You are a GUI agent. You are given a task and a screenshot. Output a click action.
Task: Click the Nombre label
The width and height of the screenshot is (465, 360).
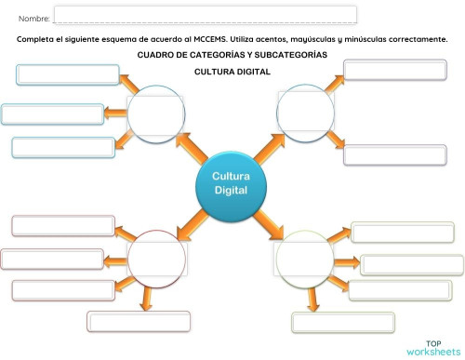(33, 18)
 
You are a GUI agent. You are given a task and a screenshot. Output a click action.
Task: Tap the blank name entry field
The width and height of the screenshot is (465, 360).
(205, 15)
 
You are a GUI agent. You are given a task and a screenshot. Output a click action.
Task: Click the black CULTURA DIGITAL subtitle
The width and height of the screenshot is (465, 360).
(232, 72)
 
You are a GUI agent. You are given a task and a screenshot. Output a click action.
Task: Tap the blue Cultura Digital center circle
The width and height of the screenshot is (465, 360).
(231, 183)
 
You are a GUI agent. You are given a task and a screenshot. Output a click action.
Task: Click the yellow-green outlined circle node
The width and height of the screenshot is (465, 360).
(304, 258)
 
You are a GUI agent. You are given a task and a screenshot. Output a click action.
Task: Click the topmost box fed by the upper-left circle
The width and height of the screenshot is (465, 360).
(68, 74)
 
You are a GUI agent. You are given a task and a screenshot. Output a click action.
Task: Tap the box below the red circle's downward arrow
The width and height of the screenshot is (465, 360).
(131, 321)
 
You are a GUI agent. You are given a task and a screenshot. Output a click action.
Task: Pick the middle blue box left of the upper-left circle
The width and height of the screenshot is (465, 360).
(52, 114)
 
